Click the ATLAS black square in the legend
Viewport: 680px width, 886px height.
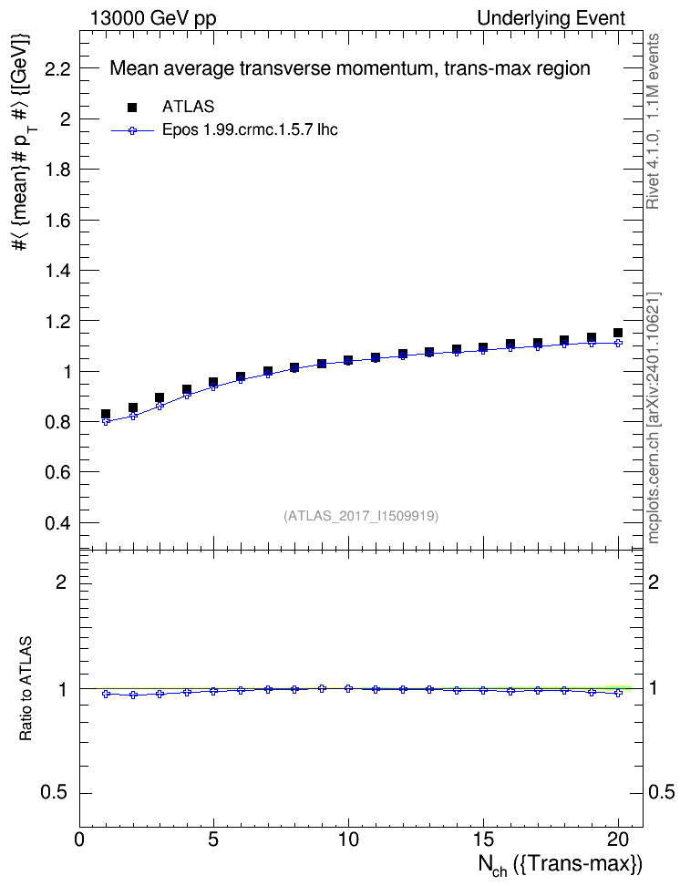coord(132,108)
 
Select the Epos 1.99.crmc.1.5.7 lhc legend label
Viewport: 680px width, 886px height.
coord(250,129)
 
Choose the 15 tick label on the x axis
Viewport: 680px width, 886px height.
coord(483,840)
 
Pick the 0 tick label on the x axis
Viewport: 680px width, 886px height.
coord(79,840)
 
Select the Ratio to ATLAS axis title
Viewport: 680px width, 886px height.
coord(26,689)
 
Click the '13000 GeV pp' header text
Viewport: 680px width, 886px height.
coord(152,18)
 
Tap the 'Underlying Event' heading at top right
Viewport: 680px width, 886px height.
coord(551,18)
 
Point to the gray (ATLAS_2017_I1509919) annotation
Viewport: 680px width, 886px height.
coord(361,516)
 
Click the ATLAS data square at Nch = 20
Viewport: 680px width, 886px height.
coord(618,333)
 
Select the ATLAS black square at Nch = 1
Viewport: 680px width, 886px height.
coord(106,414)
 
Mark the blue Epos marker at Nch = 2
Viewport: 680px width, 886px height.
coord(133,417)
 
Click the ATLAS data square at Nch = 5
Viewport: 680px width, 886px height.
coord(213,383)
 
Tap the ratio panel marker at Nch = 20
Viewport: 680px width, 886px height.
coord(618,693)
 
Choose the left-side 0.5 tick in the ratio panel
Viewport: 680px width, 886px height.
coord(54,793)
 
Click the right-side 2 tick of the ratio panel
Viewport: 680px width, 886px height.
coord(654,582)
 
